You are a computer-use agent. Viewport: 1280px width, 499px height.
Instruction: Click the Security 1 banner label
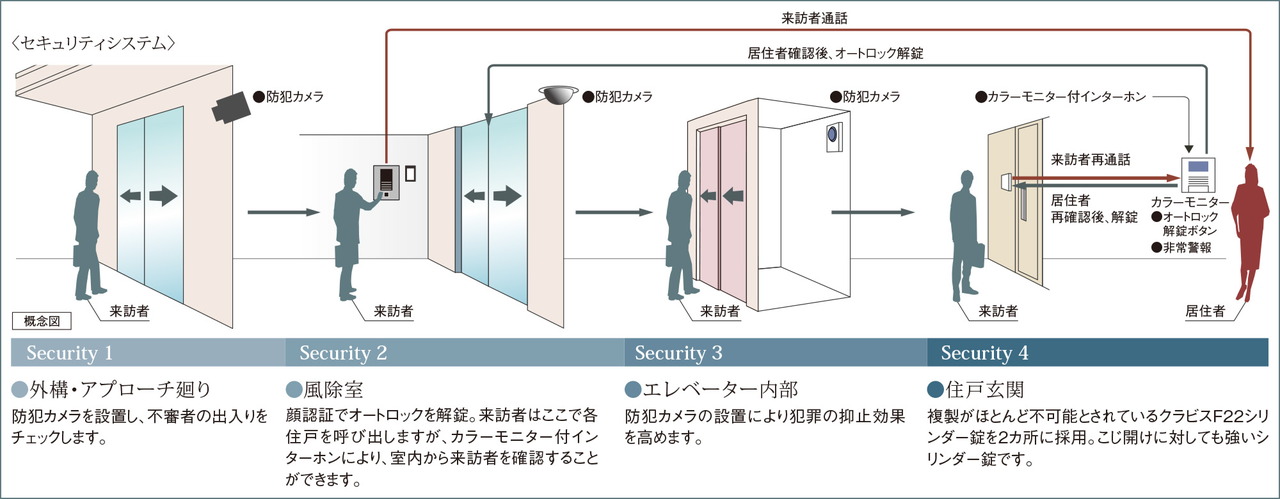point(69,353)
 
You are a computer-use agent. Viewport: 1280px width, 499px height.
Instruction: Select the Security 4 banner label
point(985,353)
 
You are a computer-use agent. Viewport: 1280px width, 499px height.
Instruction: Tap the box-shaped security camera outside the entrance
point(231,106)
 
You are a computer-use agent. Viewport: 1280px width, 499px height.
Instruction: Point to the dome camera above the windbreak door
point(558,95)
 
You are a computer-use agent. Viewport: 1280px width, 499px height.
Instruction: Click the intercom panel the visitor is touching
point(386,182)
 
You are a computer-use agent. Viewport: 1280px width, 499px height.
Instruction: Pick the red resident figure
point(1250,231)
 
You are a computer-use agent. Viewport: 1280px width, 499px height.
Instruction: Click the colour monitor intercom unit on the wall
point(1198,175)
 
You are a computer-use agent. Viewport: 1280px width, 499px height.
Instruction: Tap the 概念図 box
point(42,321)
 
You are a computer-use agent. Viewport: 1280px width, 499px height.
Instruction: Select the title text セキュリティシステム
point(93,43)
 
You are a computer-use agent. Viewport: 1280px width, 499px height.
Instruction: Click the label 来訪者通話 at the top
point(814,18)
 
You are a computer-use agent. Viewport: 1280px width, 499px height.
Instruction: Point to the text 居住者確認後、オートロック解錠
point(835,54)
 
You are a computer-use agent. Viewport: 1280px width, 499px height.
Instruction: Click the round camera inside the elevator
point(833,134)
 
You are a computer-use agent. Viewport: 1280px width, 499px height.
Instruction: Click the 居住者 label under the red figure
point(1205,311)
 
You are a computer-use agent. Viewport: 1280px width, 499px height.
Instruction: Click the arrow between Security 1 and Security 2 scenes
point(283,213)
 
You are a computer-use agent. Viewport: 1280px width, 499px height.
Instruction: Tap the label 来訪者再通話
point(1090,159)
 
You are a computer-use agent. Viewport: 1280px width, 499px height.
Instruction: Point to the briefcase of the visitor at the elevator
point(674,256)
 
